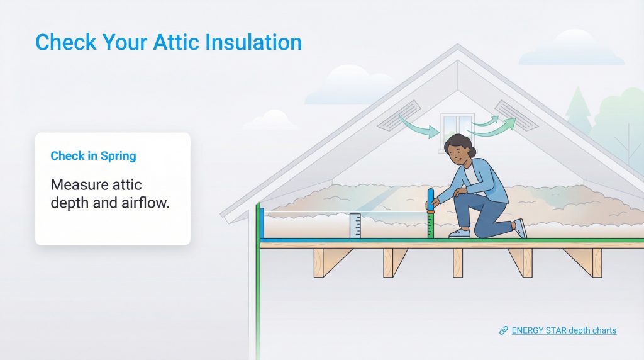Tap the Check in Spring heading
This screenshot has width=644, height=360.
coord(93,156)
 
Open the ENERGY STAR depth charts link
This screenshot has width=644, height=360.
coord(563,330)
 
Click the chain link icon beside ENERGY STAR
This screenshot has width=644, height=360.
coord(503,330)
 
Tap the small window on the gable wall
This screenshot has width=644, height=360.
coord(457,124)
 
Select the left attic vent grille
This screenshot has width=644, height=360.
coord(399,115)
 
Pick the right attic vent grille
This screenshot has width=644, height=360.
coord(516,115)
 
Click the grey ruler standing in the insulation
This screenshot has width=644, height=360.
coord(355,226)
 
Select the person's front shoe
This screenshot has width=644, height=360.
coord(459,233)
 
